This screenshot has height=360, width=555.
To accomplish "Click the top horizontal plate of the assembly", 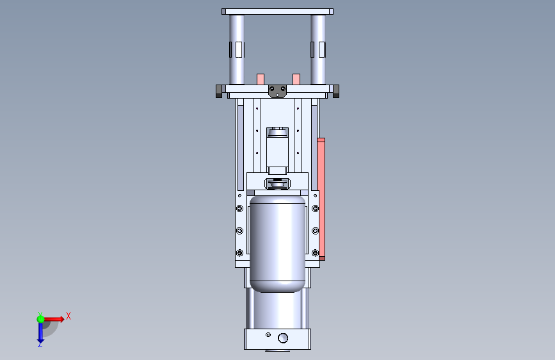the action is click(x=277, y=12).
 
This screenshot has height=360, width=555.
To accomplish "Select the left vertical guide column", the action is click(x=236, y=49).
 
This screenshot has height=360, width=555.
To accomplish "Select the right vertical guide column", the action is click(x=318, y=49).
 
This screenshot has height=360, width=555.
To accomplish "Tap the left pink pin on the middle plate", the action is click(x=260, y=79).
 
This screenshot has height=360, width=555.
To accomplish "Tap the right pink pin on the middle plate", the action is click(x=296, y=79).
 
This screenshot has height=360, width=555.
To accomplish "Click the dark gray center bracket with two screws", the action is click(x=278, y=92).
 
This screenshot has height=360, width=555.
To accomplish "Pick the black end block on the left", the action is click(x=219, y=91).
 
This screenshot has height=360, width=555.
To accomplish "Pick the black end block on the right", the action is click(x=336, y=91).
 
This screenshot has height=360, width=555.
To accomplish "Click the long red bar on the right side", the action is click(x=321, y=199).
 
